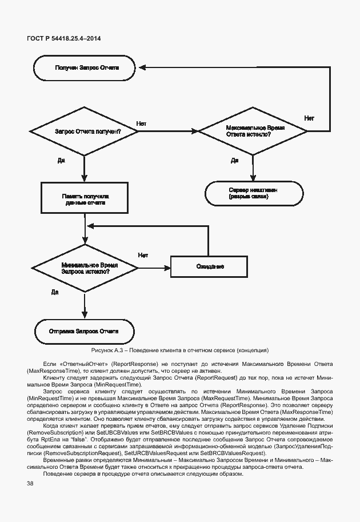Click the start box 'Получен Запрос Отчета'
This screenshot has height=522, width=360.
point(84,67)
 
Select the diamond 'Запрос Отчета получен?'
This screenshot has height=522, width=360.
point(84,132)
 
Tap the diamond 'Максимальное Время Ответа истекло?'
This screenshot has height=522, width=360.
point(252,132)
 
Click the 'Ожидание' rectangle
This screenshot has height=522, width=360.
point(209,267)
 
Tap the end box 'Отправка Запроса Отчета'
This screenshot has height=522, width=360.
point(84,332)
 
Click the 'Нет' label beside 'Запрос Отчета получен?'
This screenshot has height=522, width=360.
point(142,123)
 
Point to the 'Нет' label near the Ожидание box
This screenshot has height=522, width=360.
point(143,255)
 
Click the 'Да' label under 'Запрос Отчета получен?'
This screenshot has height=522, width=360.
point(61,161)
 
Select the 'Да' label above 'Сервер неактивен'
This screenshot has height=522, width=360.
point(234,161)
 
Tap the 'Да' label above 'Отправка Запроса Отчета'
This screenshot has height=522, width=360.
point(55,293)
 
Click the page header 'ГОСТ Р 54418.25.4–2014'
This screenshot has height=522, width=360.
point(64,38)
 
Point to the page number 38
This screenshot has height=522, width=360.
point(30,484)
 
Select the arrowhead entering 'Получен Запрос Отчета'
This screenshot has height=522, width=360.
point(141,67)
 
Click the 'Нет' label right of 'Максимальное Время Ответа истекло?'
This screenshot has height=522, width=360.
point(309,118)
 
